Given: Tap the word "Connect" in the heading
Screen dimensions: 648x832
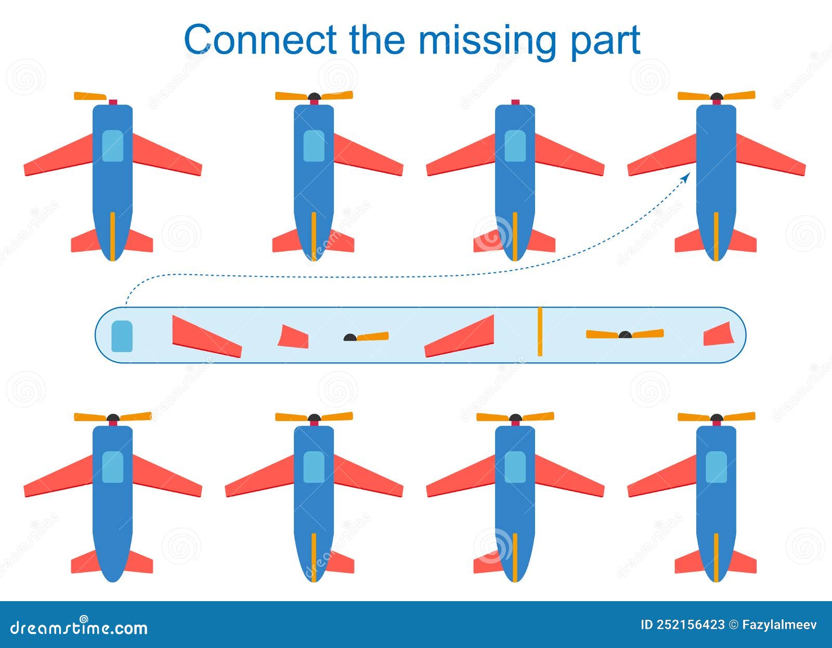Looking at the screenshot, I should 260,40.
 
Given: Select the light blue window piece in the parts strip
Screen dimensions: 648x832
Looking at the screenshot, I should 122,336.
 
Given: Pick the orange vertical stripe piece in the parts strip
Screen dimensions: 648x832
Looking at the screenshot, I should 540,332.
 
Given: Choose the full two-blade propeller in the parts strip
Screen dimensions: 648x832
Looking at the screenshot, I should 625,334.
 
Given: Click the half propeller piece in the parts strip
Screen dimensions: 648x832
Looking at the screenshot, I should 366,337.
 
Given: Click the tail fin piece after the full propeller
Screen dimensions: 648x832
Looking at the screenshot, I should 718,334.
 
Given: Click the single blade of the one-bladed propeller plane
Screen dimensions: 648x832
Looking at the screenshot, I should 89,96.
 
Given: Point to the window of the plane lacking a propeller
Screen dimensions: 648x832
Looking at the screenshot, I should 515,146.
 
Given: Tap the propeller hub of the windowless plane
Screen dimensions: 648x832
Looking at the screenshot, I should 717,97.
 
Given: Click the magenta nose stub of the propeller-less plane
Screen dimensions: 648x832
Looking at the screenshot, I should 515,102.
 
